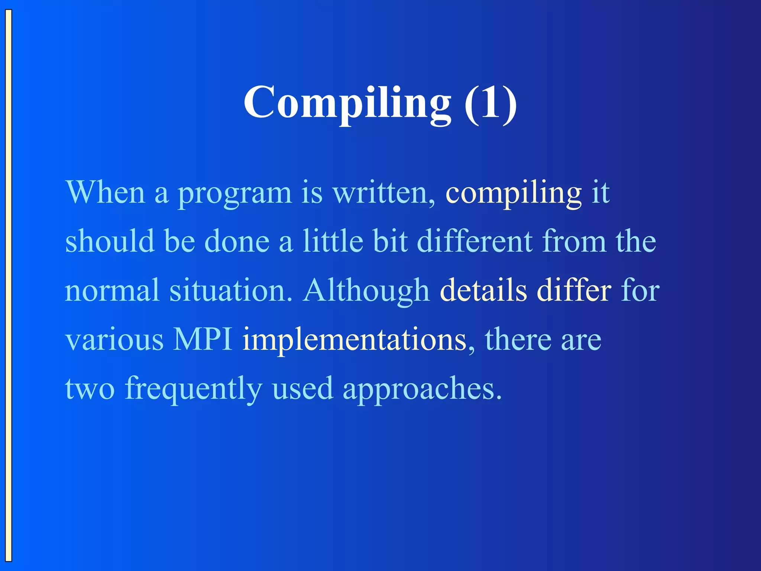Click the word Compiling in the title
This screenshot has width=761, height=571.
tap(347, 103)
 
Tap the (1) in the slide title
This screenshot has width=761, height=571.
tap(490, 103)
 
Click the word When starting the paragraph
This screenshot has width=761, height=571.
tap(105, 193)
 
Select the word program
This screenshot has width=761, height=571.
tap(235, 194)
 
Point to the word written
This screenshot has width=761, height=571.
tap(383, 193)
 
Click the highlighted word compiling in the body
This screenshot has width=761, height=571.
tap(513, 194)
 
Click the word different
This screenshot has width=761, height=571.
tap(475, 241)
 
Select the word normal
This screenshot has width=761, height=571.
tap(112, 290)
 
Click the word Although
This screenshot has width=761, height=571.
tap(366, 290)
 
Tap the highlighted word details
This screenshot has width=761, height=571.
tap(483, 290)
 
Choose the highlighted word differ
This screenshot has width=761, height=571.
tap(574, 290)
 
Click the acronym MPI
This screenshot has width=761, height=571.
tap(203, 339)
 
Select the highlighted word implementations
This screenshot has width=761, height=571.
tap(354, 340)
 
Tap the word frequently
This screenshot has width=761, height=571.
tap(193, 389)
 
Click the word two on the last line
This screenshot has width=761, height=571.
tap(90, 389)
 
